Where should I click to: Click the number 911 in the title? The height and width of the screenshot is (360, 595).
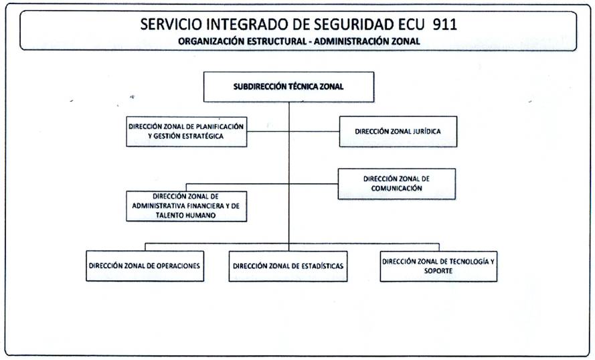click(444, 24)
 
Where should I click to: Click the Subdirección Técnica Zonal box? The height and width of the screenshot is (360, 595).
click(288, 87)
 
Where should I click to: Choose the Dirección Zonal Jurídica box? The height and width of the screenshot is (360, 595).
click(398, 132)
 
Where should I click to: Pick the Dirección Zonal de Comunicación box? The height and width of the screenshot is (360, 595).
click(396, 184)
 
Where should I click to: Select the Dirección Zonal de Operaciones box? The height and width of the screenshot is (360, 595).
click(145, 266)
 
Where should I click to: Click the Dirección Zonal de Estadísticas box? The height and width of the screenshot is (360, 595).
click(288, 266)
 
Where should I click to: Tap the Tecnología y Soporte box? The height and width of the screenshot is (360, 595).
click(438, 266)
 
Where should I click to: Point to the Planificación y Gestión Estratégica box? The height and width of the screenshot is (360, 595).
click(187, 132)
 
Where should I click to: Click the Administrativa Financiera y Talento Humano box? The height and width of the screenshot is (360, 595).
click(187, 206)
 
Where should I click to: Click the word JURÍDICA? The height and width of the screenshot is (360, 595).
click(426, 132)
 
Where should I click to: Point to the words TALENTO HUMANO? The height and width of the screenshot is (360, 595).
click(185, 215)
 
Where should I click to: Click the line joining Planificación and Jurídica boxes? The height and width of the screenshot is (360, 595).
click(293, 132)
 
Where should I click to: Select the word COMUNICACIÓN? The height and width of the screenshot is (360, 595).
click(396, 189)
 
